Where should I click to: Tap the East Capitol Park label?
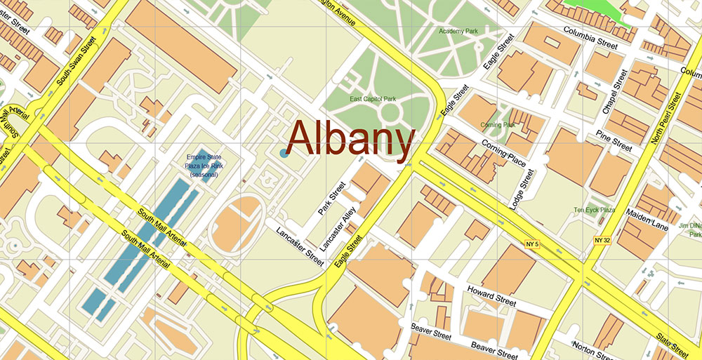pos(373,99)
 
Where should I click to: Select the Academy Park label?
pos(458,32)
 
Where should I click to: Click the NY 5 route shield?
pos(531,244)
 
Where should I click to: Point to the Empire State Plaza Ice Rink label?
pos(203,166)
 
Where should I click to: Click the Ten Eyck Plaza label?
pos(594,210)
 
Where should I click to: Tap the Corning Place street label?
pos(504,152)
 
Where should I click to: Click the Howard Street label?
pos(491,295)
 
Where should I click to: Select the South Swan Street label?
pos(77,62)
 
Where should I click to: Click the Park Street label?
pos(332,199)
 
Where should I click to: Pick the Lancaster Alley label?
pos(336,229)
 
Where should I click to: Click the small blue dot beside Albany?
pos(284,152)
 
